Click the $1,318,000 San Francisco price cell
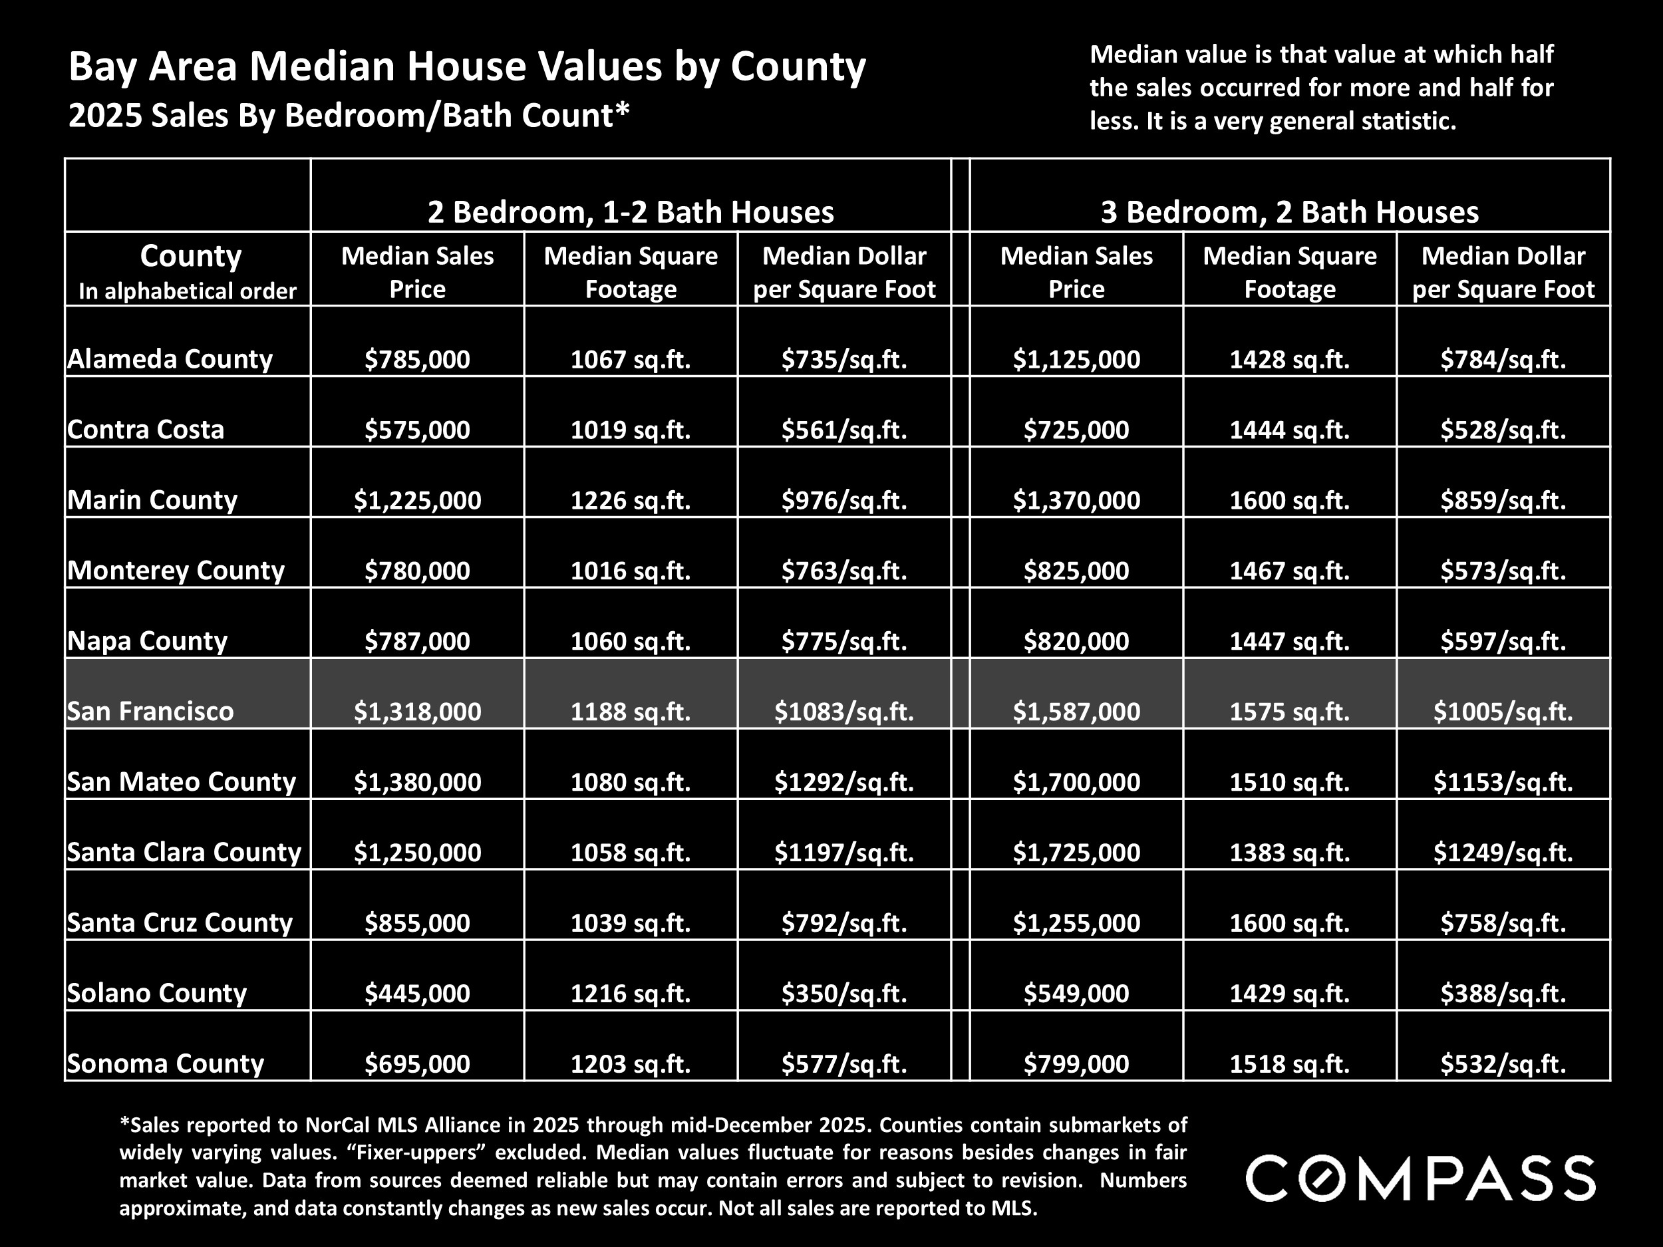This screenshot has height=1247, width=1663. point(417,711)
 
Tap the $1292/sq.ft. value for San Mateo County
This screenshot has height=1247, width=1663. point(843,781)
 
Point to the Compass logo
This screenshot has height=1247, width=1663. point(1420,1178)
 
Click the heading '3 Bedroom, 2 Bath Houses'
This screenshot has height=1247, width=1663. point(1289,212)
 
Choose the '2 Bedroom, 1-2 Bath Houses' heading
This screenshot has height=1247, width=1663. point(630,212)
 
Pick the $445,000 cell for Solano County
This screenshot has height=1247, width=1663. point(417,993)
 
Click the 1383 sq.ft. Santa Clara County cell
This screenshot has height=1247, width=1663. point(1289,853)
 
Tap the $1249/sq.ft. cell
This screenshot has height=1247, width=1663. point(1502,853)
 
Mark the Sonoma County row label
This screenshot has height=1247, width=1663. point(166,1063)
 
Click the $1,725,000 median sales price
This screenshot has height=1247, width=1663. point(1076,853)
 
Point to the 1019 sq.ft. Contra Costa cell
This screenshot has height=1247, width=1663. point(630,430)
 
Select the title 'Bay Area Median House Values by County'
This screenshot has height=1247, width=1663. point(467,66)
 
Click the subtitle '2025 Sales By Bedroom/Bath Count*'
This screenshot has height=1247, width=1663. point(348,116)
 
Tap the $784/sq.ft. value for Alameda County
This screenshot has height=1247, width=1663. point(1502,359)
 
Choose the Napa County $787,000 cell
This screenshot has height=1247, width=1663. point(417,641)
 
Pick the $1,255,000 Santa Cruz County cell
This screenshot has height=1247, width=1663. point(1076,922)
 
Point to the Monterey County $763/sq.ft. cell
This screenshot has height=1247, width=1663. point(843,571)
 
